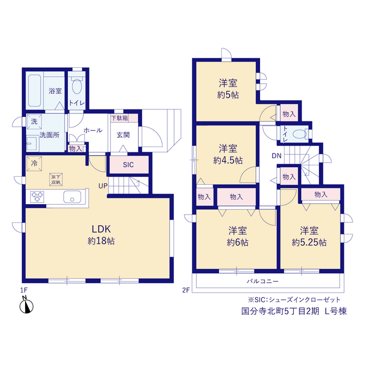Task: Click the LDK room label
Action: click(101, 229)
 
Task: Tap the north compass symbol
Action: click(26, 306)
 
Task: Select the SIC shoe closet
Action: click(129, 165)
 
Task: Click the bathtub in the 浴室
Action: click(34, 91)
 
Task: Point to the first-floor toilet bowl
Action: click(77, 86)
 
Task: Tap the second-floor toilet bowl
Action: click(299, 134)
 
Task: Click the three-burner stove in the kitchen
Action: click(37, 197)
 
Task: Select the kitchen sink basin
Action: click(72, 197)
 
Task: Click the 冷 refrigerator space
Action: click(34, 164)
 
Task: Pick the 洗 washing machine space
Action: click(34, 121)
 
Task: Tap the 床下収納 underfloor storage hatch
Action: click(56, 179)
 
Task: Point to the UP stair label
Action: click(103, 186)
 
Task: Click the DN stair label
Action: click(277, 156)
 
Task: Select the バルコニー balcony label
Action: click(262, 281)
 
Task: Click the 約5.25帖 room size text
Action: click(309, 242)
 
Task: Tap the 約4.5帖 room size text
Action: click(228, 160)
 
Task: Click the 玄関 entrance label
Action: click(123, 135)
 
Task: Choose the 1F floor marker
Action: click(24, 290)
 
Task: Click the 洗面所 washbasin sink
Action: click(31, 143)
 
